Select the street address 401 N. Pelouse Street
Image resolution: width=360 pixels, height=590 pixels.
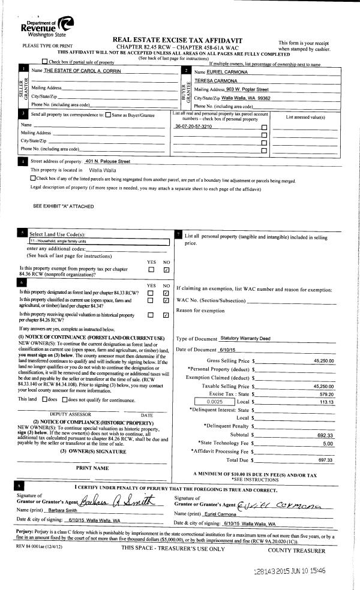[108, 162]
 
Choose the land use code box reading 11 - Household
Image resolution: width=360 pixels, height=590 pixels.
[99, 241]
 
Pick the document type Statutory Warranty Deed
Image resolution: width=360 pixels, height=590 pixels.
[245, 339]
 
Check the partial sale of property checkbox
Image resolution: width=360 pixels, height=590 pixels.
[46, 62]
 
